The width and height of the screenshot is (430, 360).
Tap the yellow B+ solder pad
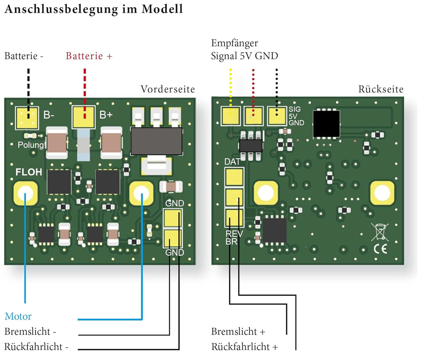[x=84, y=117]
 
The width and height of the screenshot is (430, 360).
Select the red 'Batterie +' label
[x=89, y=56]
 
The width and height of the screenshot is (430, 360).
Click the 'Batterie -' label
[x=24, y=56]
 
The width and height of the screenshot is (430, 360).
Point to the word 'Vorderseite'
[x=168, y=89]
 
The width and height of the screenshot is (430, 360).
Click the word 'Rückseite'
[x=381, y=89]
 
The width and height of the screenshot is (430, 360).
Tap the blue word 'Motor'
[x=18, y=316]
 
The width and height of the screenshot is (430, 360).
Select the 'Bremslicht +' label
[x=238, y=331]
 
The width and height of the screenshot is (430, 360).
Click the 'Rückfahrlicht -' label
[x=37, y=347]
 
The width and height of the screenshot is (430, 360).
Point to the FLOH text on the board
[x=29, y=172]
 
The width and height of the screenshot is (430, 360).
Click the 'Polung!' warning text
[x=32, y=145]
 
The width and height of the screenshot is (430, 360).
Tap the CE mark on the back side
[x=381, y=248]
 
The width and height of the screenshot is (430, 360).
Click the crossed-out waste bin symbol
[x=380, y=232]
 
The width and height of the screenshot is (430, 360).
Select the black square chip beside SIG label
[x=326, y=123]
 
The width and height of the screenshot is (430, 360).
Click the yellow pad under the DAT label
[x=234, y=177]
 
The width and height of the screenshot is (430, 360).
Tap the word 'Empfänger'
[x=235, y=43]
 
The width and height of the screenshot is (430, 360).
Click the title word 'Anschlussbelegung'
[x=61, y=9]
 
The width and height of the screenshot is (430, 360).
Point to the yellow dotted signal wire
[x=231, y=92]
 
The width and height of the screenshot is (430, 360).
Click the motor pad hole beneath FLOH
[x=25, y=193]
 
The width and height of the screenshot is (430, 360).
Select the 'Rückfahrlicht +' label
[x=244, y=347]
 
